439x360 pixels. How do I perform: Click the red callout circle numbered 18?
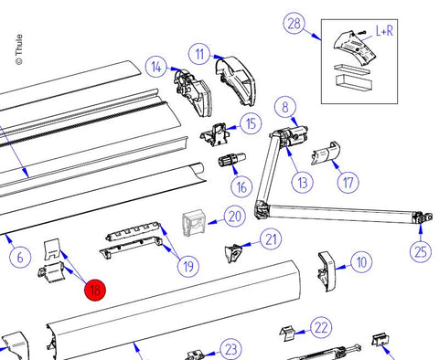pos(95,290)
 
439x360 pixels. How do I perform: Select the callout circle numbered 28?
pos(294,24)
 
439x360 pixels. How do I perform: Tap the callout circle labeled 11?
pos(199,54)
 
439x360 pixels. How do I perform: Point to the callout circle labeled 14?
pos(156,67)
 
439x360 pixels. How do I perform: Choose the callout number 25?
pos(421,251)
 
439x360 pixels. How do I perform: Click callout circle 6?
pos(20,258)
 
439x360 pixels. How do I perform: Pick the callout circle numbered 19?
pos(188,267)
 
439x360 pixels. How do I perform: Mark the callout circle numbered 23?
pos(231,350)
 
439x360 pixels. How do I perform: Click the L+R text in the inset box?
pos(384,31)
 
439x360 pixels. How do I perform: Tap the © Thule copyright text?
pos(19,49)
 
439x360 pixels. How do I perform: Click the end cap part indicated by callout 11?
pos(235,80)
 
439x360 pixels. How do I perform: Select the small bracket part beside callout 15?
pos(215,134)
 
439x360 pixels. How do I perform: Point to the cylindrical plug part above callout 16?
pos(232,159)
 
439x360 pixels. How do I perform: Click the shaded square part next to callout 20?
pos(194,223)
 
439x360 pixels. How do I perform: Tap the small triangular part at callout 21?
pos(233,253)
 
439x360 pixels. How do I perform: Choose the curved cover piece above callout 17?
pos(326,153)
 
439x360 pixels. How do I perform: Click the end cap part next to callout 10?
pos(327,271)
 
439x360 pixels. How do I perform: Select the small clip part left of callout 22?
pos(288,334)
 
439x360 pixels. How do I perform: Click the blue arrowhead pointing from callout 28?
pos(316,36)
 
